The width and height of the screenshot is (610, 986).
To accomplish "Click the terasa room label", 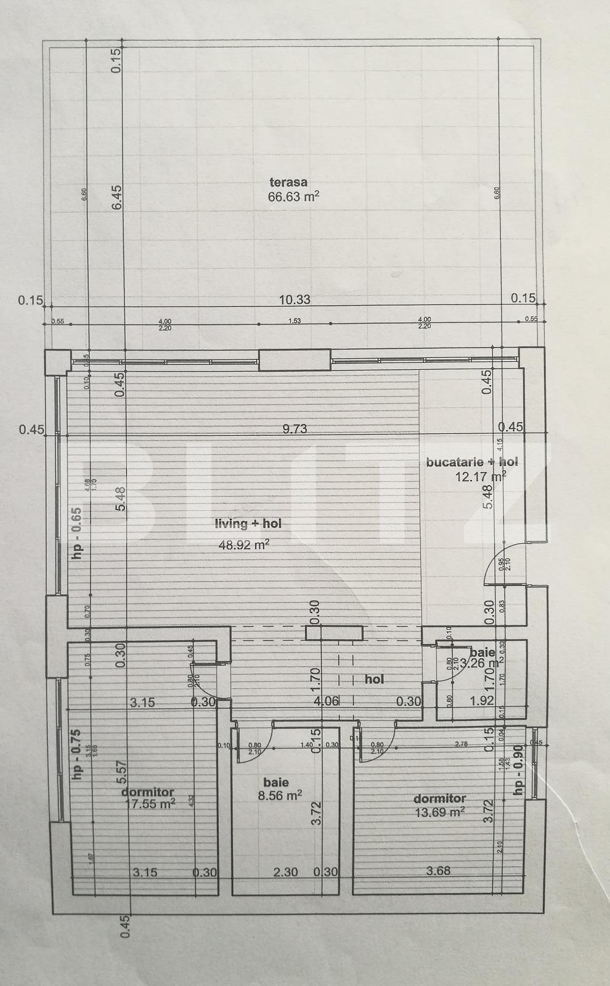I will coord(288,182).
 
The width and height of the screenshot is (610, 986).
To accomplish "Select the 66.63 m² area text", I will coord(293,197).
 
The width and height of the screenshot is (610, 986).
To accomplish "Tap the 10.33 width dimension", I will coord(295,300).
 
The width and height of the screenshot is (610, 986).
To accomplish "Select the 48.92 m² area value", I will coord(245,544).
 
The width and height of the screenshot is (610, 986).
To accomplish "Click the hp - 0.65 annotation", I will coord(77,533).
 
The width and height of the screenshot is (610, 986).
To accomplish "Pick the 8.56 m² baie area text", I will coord(280,796).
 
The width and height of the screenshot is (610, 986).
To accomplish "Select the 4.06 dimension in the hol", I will coord(326,701).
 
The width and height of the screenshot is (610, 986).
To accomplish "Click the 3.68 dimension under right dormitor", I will coord(438,871).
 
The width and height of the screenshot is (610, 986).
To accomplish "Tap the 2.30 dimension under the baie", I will coord(286,871).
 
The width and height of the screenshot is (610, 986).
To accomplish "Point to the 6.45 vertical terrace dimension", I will coord(118,198).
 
